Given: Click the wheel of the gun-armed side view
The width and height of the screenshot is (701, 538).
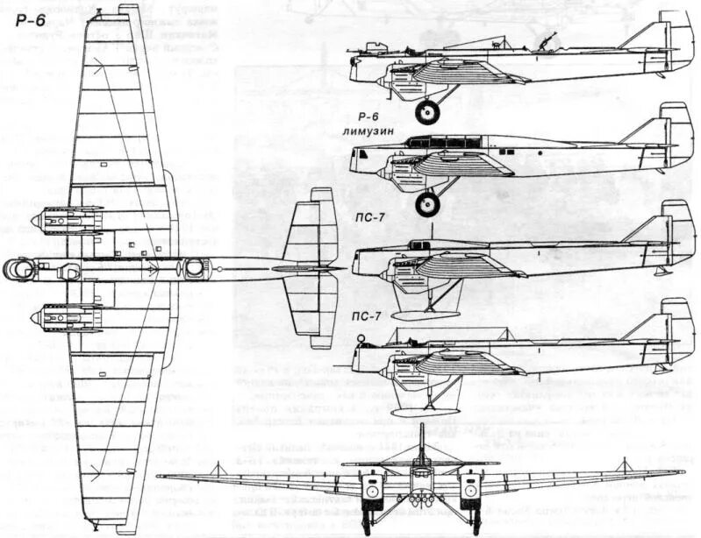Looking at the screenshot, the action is [428, 111].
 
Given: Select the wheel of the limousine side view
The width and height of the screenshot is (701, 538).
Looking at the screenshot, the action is [428, 204].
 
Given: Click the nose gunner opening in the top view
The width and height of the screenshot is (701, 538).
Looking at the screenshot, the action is [21, 270].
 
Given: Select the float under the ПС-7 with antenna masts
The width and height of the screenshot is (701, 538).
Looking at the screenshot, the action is [426, 408].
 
